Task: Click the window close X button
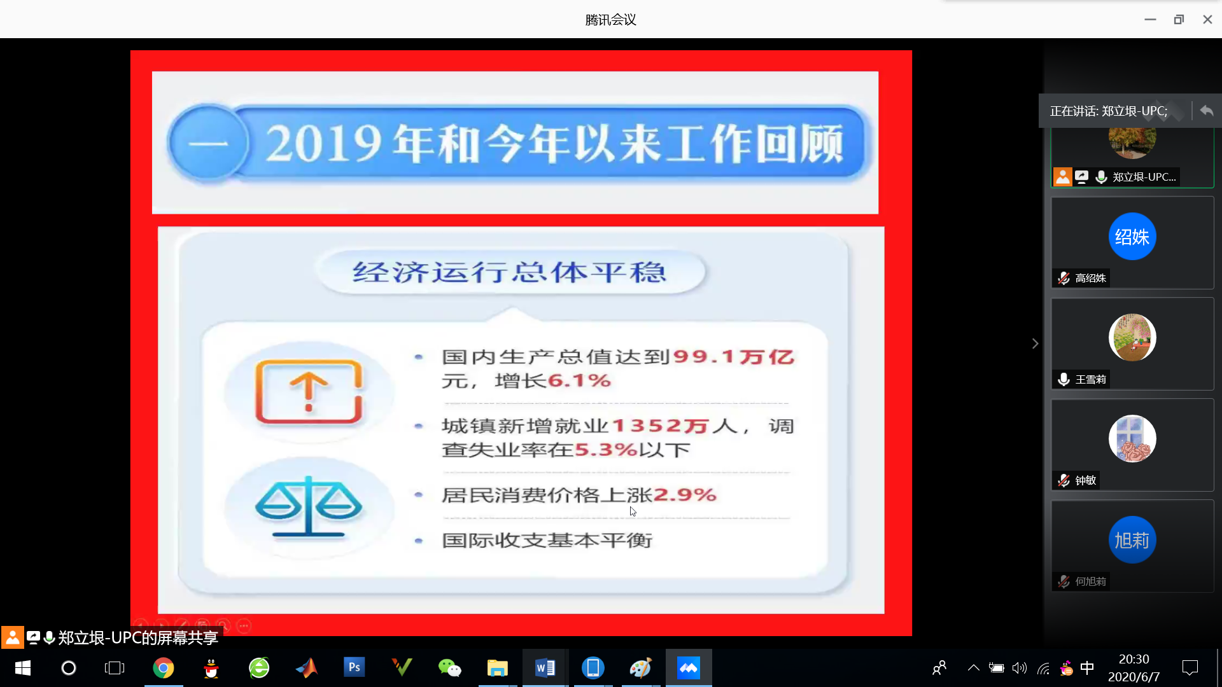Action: click(x=1207, y=20)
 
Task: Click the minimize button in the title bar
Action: click(x=1150, y=20)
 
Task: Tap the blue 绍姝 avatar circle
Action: click(x=1132, y=237)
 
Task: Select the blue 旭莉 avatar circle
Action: click(x=1132, y=540)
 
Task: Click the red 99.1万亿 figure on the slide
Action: click(x=734, y=357)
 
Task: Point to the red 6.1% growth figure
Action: click(x=579, y=381)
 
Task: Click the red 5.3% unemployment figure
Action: click(x=606, y=450)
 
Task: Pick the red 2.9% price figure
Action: click(x=685, y=495)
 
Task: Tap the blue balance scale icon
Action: click(x=309, y=506)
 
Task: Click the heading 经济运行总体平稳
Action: click(x=510, y=272)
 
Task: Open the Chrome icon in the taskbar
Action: click(x=164, y=668)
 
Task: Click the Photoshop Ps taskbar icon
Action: click(x=355, y=667)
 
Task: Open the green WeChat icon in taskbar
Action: click(x=450, y=668)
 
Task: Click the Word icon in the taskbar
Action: click(x=545, y=668)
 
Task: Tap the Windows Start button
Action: click(x=23, y=668)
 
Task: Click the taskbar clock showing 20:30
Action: click(x=1134, y=659)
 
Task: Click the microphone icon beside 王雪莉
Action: click(x=1064, y=379)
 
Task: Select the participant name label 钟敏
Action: click(x=1086, y=480)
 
